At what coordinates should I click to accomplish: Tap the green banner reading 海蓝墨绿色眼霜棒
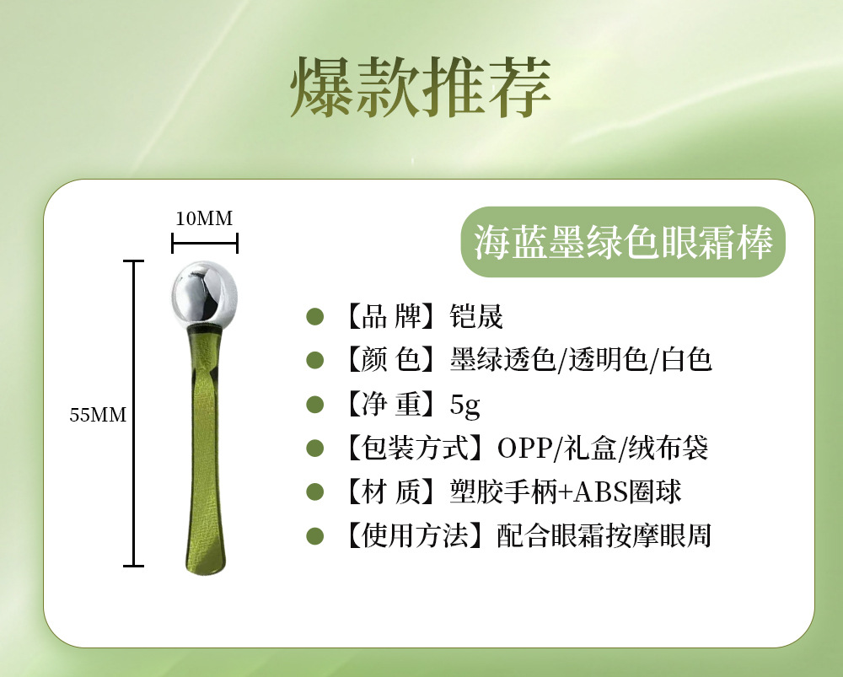coord(623,242)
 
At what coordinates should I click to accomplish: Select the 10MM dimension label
coord(203,218)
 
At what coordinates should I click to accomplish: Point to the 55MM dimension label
coord(97,415)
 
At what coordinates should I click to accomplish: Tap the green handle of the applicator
coord(205,455)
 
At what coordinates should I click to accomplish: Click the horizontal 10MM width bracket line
coord(205,244)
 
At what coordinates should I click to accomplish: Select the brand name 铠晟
coord(477,317)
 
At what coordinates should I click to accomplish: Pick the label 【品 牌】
coord(390,317)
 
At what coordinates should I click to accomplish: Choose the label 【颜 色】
coord(390,361)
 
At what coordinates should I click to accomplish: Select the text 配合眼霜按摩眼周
coord(604,535)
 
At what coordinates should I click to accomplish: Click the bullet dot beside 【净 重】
coord(315,405)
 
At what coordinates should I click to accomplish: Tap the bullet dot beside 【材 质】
coord(315,492)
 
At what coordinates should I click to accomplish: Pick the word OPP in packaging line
coord(523,449)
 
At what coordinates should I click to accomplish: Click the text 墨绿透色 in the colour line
coord(502,361)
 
